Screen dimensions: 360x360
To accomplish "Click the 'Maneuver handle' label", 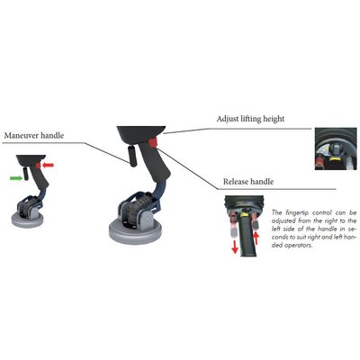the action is point(34,136).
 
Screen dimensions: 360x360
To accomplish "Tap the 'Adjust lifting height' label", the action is point(250,119).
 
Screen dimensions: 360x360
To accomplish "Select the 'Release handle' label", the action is point(248,182).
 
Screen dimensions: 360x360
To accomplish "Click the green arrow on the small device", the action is point(16,178).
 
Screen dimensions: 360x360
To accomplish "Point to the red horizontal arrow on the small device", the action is point(48,165).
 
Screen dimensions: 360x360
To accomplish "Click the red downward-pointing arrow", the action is point(235,247).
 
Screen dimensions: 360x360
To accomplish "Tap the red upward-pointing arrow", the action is point(256,239).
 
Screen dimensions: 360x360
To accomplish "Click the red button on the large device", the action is point(153,143).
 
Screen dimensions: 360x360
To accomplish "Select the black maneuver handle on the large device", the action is point(132,156).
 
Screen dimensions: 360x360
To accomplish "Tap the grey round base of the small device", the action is point(28,220).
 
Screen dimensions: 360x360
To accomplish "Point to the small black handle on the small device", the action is point(26,174).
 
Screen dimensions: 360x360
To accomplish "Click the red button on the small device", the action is point(38,166).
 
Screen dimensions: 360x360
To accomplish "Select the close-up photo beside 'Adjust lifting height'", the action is point(336,148).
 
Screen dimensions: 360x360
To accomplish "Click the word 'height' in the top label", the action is point(274,119).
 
